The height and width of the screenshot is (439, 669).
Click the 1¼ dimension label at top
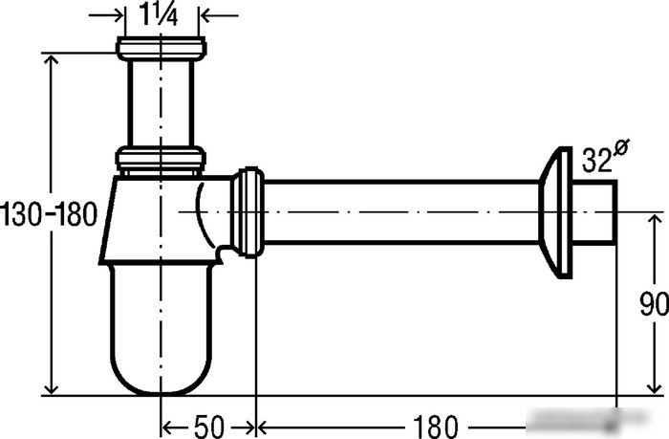coord(159,15)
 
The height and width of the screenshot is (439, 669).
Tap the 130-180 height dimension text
coord(48,214)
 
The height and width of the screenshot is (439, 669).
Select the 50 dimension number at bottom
coord(209,427)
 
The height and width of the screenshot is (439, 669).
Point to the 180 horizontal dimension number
coord(435,427)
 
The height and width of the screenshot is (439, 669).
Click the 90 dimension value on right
coord(654,304)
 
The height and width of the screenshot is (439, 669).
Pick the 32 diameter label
coord(597,160)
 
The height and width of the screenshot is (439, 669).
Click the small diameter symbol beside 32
coord(621,148)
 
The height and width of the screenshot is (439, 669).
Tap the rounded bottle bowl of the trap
coord(161,329)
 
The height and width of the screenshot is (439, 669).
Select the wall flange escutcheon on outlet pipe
coord(555,212)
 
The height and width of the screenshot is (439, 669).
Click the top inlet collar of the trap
coord(162,48)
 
